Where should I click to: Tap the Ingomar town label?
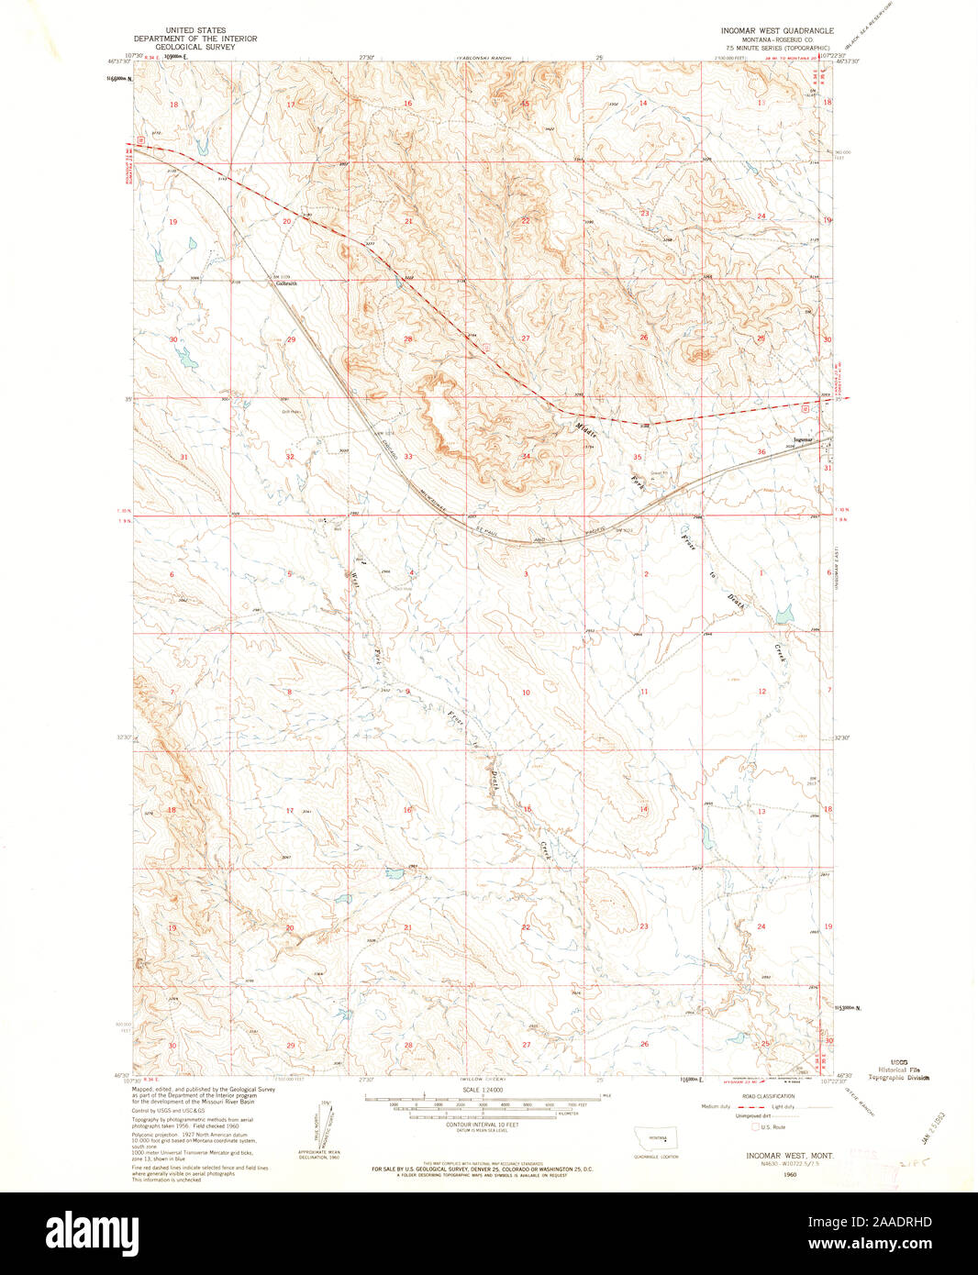point(804,440)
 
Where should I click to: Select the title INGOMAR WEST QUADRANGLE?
point(777,30)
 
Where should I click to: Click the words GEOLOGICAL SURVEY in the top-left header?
point(195,46)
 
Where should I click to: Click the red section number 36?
point(761,452)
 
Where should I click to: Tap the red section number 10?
point(526,692)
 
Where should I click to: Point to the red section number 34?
point(526,456)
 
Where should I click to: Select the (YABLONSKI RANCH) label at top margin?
point(483,57)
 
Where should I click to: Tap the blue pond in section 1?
point(784,615)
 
